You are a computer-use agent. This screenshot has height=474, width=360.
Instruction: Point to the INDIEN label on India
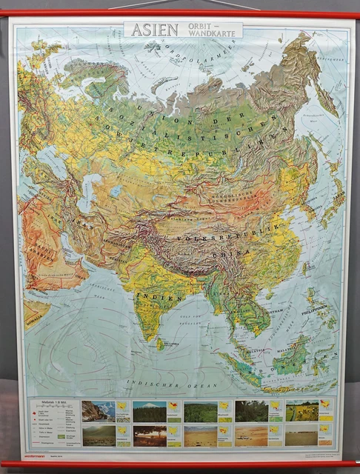168,298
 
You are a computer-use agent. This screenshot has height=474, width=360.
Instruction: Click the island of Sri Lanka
160,343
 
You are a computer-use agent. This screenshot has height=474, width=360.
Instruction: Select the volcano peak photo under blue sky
149,412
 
